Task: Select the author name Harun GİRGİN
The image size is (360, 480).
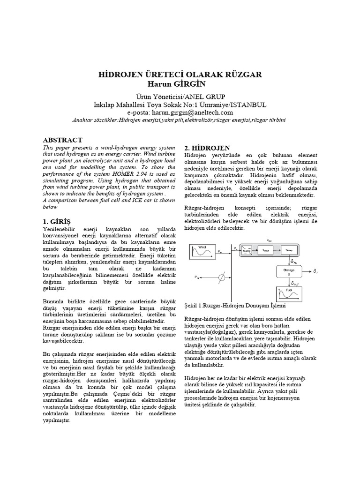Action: click(x=180, y=84)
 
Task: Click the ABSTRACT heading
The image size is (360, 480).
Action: click(x=62, y=140)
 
